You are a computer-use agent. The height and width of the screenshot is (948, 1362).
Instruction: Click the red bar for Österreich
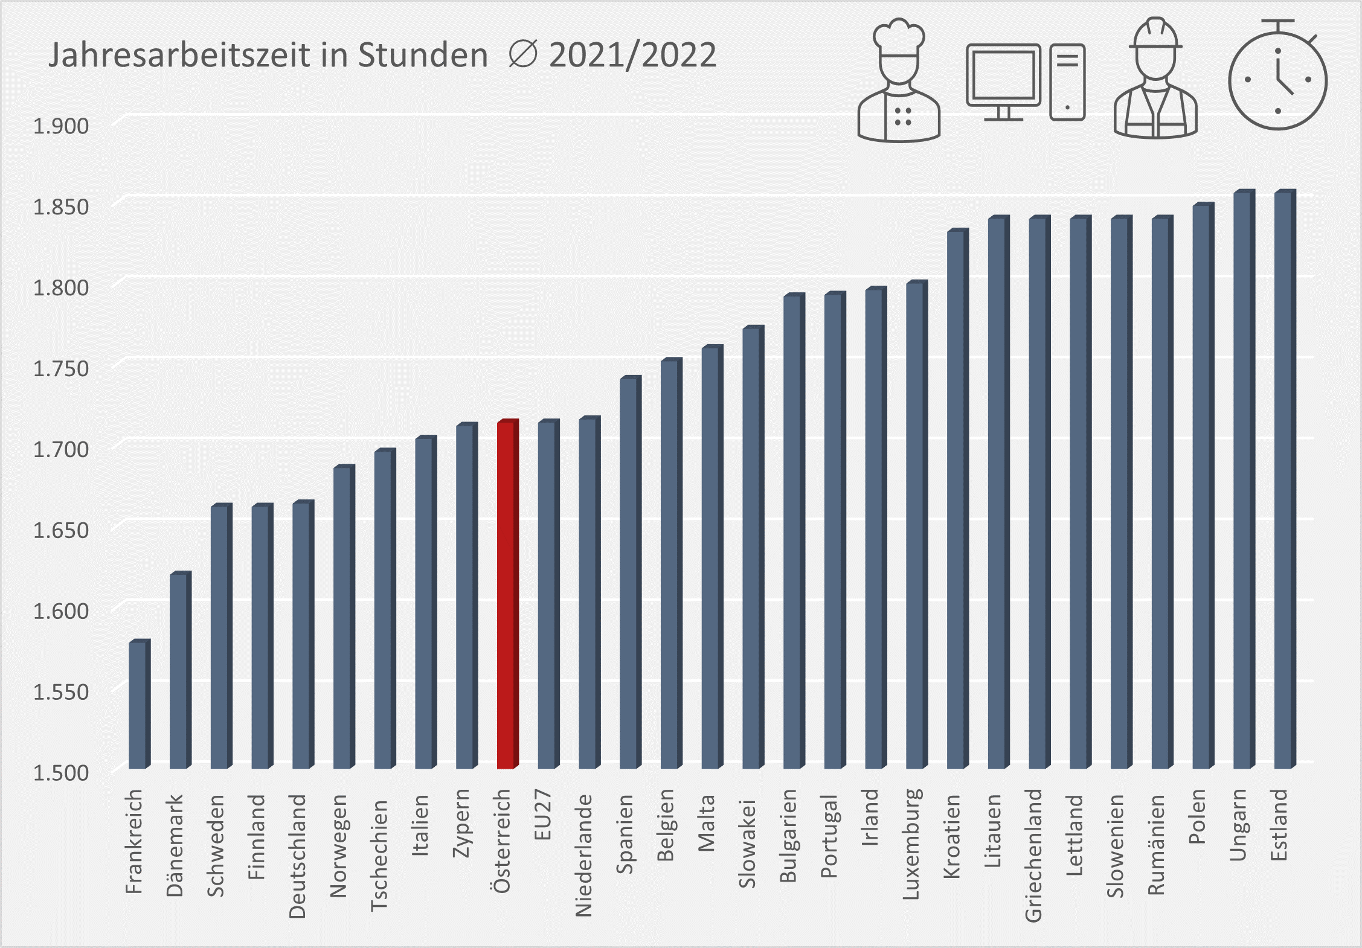[x=506, y=595]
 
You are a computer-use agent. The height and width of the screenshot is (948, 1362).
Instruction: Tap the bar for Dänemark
[x=179, y=670]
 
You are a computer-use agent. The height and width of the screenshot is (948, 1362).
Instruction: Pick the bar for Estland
[x=1283, y=480]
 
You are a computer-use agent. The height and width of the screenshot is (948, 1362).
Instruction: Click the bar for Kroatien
[x=956, y=499]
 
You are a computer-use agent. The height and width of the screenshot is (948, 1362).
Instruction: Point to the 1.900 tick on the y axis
[x=60, y=126]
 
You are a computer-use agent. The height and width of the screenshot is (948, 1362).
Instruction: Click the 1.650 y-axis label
[x=60, y=530]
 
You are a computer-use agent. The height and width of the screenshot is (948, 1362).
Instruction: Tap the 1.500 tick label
[x=60, y=772]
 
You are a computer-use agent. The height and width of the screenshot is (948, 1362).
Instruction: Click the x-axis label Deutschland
[x=298, y=856]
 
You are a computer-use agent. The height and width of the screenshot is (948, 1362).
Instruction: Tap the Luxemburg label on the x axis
[x=911, y=844]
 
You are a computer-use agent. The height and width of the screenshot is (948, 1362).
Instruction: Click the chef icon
[x=899, y=82]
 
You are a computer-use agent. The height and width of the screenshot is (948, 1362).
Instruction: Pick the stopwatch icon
[x=1277, y=78]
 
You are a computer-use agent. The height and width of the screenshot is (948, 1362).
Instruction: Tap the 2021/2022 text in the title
[x=632, y=56]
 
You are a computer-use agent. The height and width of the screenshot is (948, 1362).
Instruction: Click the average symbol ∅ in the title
[x=522, y=55]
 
